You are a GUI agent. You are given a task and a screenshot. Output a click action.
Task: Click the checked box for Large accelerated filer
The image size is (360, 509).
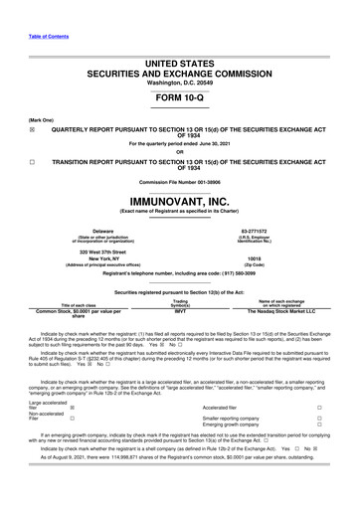72,408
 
